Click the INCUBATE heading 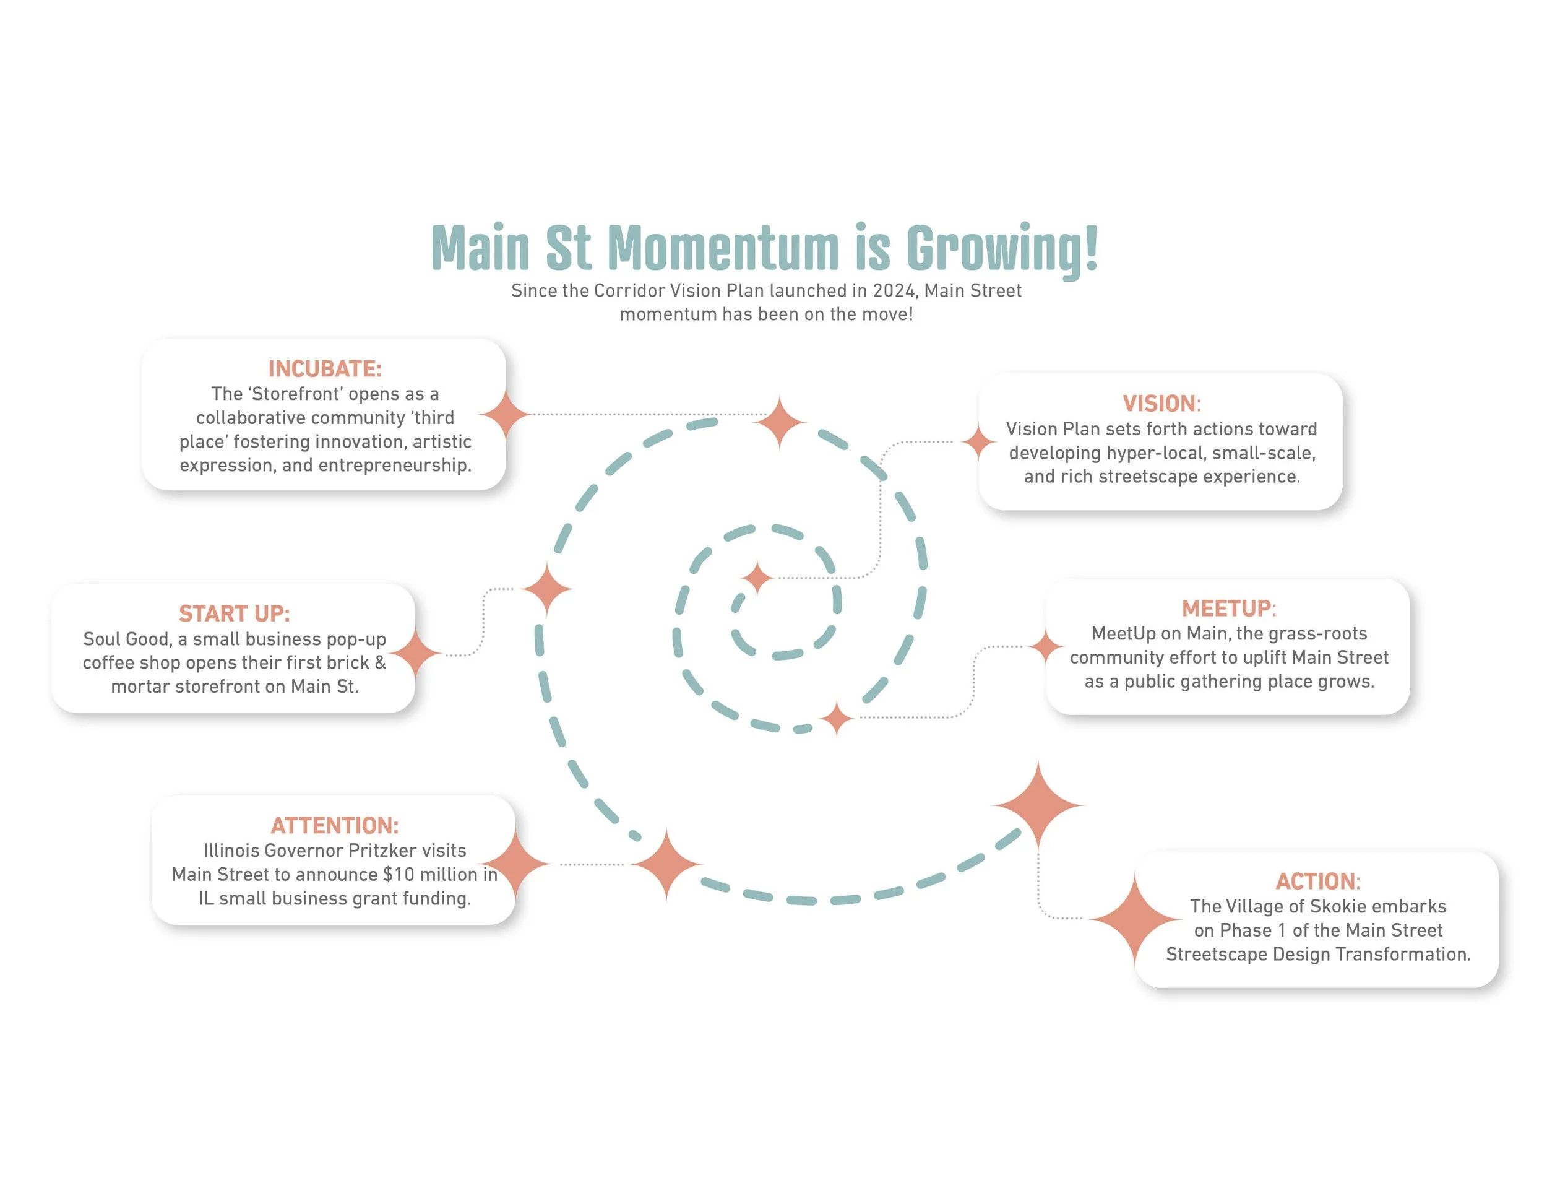(x=324, y=369)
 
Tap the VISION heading (x=1161, y=404)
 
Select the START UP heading (x=234, y=613)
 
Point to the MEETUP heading (x=1228, y=609)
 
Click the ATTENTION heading (x=334, y=825)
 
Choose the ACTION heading (x=1317, y=882)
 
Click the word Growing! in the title (x=1002, y=249)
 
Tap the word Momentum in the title (x=723, y=249)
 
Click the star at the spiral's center (x=757, y=578)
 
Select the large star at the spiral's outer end (x=1038, y=805)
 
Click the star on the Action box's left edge (x=1135, y=919)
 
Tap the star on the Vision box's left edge (x=979, y=441)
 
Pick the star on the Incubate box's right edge (x=505, y=414)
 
